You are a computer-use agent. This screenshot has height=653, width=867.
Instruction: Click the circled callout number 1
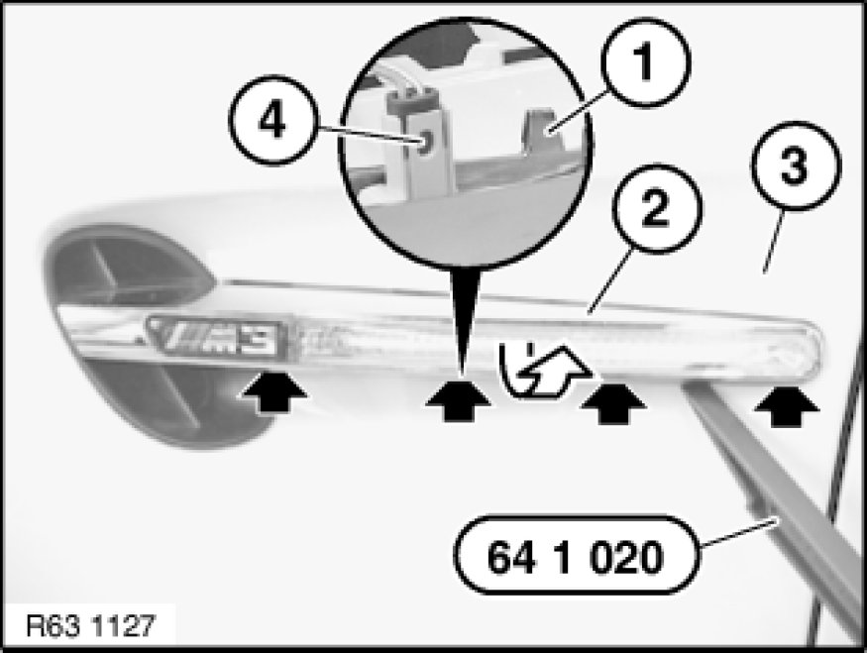click(x=645, y=61)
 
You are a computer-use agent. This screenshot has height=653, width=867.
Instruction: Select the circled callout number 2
click(x=657, y=208)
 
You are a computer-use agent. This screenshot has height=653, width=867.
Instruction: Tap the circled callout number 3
click(x=796, y=165)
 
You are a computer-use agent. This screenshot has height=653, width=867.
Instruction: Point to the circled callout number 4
click(x=273, y=120)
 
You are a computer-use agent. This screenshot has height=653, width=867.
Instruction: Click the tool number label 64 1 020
click(x=577, y=555)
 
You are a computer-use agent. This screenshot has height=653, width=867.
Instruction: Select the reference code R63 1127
click(x=91, y=626)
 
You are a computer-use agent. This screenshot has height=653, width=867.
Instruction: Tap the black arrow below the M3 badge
click(x=272, y=391)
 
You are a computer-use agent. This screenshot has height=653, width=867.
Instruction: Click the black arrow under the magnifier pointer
click(x=458, y=401)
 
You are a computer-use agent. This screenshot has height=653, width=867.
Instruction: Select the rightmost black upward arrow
click(x=787, y=405)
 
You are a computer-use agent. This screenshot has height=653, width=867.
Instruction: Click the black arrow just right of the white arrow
click(x=612, y=403)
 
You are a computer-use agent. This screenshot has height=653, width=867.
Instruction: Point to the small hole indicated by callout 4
click(x=425, y=145)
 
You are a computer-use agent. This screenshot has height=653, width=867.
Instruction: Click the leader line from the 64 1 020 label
click(x=740, y=531)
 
